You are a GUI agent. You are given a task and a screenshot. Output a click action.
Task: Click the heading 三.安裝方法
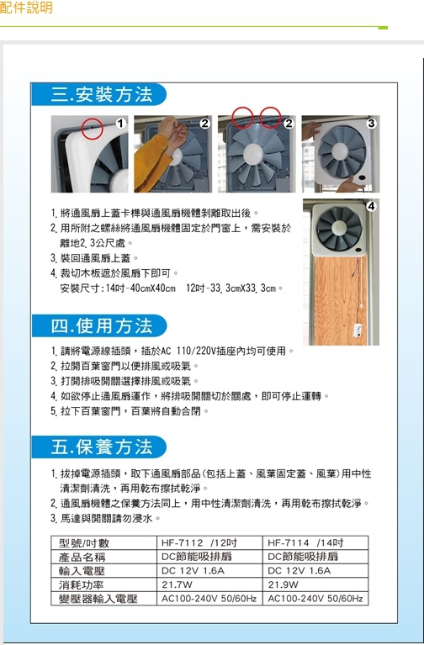101,94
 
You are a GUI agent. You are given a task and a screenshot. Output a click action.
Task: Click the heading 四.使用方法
101,325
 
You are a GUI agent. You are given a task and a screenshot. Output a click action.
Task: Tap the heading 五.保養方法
101,447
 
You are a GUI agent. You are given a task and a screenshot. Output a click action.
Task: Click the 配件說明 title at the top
26,8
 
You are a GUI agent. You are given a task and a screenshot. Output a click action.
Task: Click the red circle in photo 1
92,129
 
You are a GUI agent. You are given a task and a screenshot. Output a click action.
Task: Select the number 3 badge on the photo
371,124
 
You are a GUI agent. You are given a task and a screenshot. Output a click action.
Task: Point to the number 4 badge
371,207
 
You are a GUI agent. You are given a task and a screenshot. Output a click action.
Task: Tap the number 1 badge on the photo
119,124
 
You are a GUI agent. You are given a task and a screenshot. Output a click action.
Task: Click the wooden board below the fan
340,301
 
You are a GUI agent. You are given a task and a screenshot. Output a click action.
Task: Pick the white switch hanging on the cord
358,330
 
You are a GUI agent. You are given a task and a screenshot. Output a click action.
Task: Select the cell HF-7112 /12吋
199,543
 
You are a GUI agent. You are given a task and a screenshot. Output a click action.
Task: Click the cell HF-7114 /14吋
305,543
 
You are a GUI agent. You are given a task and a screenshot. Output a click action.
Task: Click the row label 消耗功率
81,584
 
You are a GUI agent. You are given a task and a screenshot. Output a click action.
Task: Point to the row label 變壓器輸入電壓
98,599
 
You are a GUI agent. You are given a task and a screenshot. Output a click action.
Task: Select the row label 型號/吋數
84,543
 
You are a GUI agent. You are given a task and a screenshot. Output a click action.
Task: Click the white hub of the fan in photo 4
339,228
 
